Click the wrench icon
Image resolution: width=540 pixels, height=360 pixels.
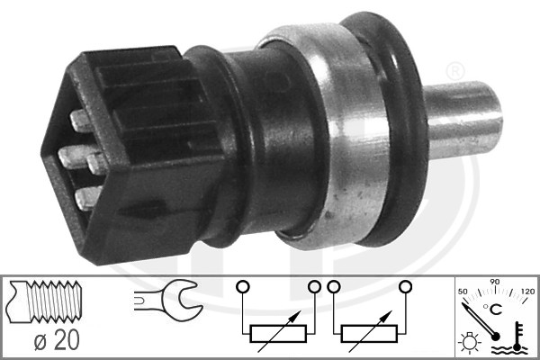point(167,301)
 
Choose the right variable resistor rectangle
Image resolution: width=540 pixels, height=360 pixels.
point(368,333)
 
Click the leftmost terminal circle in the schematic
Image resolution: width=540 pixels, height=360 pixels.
point(240,288)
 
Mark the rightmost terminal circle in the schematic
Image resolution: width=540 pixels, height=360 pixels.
point(405,288)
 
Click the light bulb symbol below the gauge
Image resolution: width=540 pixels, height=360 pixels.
point(467,343)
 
